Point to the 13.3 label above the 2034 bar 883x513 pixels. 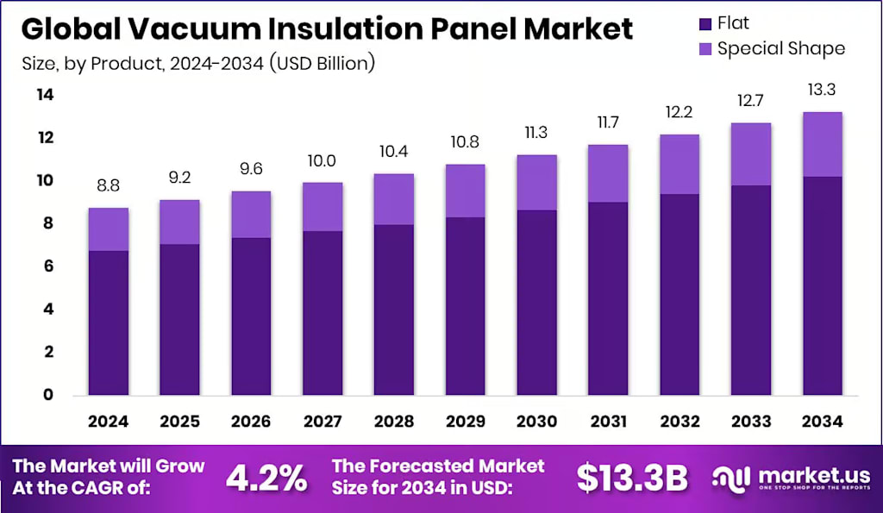[x=821, y=91]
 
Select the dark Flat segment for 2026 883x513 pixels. [x=250, y=316]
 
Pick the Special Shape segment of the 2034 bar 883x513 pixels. [x=821, y=144]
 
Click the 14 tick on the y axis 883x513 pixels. [x=44, y=95]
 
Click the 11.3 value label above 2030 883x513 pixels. [x=536, y=133]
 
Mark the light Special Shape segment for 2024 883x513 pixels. [x=108, y=229]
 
